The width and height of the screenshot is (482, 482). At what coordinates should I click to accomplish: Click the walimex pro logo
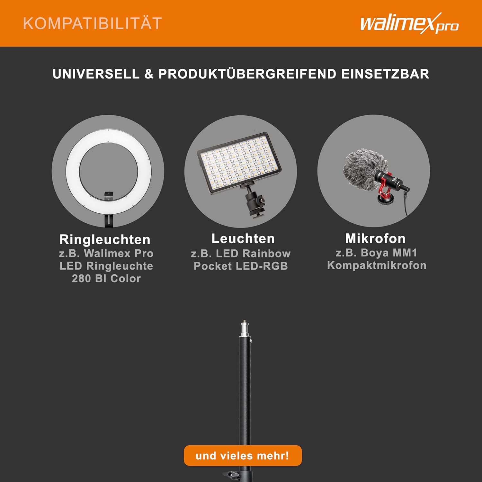click(x=409, y=24)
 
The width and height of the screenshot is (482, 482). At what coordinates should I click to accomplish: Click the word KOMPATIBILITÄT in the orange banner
click(x=93, y=23)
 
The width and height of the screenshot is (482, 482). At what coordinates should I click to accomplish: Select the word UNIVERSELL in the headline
click(x=96, y=74)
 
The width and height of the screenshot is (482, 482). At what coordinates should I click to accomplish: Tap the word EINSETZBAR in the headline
click(x=385, y=74)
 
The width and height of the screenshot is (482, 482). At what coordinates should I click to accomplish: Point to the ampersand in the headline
click(x=149, y=74)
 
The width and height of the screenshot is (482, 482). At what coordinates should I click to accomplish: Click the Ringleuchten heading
click(x=105, y=240)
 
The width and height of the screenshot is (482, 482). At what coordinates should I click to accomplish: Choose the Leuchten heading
click(x=243, y=238)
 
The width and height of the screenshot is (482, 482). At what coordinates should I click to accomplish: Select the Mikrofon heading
click(x=375, y=238)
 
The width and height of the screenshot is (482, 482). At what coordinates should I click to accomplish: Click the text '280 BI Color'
click(x=106, y=278)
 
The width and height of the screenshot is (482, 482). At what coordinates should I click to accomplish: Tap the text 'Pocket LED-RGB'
click(x=241, y=266)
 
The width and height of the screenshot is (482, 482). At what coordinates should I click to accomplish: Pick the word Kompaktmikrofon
click(x=377, y=265)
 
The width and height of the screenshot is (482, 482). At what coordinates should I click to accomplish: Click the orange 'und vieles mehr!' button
click(x=243, y=456)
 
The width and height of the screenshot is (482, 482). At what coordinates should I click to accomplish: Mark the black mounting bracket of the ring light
click(x=109, y=209)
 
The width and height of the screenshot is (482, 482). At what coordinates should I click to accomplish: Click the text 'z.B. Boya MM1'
click(x=376, y=253)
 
